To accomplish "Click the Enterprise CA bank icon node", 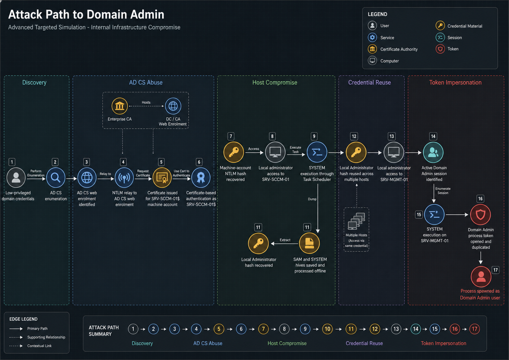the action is point(119,106).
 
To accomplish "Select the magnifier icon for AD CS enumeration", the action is point(55,178).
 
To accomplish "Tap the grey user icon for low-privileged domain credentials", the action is point(16,178).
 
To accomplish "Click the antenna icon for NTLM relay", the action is point(124,178).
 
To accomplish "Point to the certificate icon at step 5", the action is point(162,178).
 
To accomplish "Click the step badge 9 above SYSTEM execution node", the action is point(314,136).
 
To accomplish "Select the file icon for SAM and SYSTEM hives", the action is point(310,243).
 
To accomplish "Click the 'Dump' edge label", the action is point(312,199).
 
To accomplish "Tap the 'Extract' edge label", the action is point(285,240).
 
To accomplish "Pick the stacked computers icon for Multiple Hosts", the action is point(356,221).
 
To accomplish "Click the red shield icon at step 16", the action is point(480,215).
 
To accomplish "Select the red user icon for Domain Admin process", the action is point(481,277).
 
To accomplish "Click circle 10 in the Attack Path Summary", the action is point(327,329).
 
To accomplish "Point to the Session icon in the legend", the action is point(440,38).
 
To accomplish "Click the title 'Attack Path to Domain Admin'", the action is point(86,15).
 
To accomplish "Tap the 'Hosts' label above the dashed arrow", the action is point(146,102).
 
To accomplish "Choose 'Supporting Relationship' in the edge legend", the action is point(46,337).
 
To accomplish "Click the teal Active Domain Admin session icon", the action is point(433,153).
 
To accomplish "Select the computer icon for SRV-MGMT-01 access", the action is point(394,153).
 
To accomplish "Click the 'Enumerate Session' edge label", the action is point(443,191).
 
